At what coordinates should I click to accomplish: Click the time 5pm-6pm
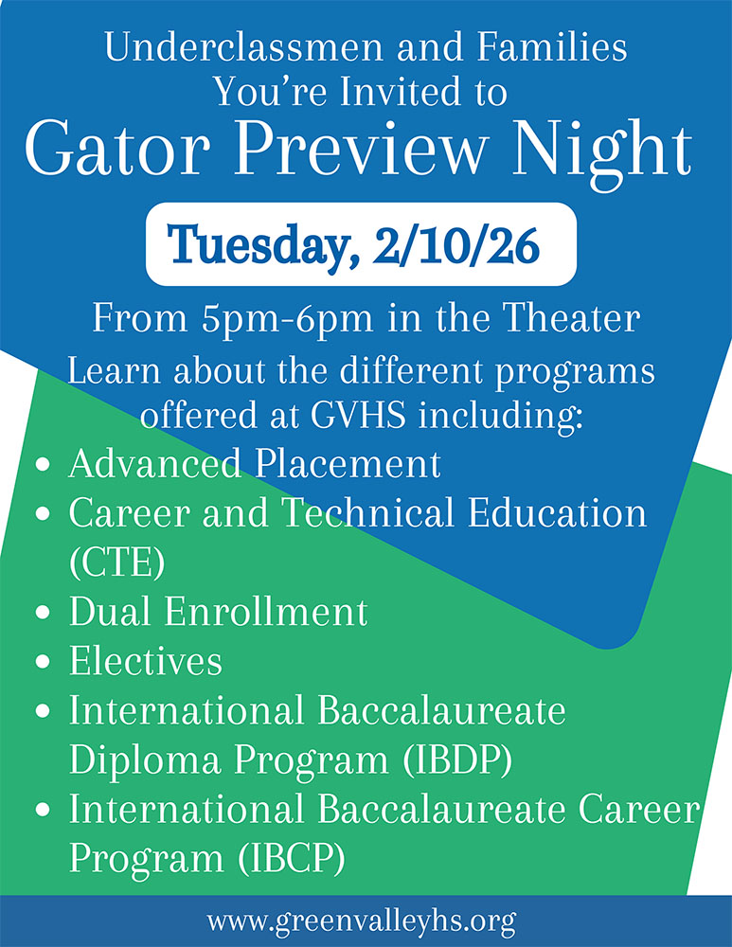point(279,319)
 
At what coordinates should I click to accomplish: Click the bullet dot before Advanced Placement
point(42,466)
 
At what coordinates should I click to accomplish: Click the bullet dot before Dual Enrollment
point(42,614)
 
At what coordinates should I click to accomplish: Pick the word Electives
point(146,661)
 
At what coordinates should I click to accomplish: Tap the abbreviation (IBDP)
point(391,759)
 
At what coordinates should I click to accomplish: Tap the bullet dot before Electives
point(42,662)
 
